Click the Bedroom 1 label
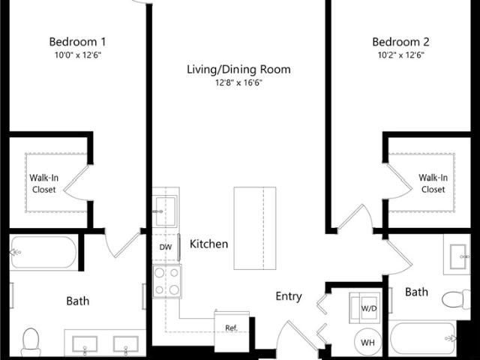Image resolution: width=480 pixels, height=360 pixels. (77, 42)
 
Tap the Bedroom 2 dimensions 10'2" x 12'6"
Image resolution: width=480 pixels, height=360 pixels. (401, 55)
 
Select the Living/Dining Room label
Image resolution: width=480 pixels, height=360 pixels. (238, 70)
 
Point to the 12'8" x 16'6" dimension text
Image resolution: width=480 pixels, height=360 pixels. (239, 82)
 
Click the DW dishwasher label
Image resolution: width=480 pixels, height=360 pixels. (166, 247)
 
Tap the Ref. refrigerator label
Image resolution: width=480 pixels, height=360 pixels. (232, 328)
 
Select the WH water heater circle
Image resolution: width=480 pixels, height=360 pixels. (368, 341)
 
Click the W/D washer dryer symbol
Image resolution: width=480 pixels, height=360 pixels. (365, 308)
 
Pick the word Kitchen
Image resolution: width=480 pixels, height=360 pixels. (208, 244)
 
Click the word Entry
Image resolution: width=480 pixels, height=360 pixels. (289, 296)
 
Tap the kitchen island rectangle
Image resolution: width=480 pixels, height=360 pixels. (255, 228)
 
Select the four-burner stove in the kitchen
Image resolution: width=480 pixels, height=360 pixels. (167, 282)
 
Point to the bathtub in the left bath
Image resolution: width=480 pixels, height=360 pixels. (43, 253)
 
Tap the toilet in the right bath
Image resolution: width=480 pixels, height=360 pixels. (456, 299)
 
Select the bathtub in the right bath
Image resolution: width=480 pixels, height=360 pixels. (422, 338)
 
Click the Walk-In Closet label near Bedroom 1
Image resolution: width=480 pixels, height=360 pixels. (43, 184)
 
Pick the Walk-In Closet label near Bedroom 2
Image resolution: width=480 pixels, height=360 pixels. (433, 183)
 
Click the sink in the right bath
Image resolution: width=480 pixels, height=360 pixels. (457, 256)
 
